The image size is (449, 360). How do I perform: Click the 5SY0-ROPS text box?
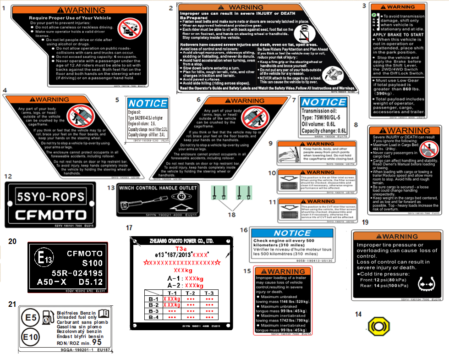tap(51, 198)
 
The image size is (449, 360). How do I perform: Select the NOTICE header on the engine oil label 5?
tap(148, 103)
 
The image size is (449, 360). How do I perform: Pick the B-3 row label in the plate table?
tap(153, 310)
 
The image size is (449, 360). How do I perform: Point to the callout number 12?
tap(8, 176)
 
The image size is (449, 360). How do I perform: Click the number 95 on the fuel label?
tap(97, 342)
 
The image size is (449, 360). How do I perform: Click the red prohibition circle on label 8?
tap(430, 150)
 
